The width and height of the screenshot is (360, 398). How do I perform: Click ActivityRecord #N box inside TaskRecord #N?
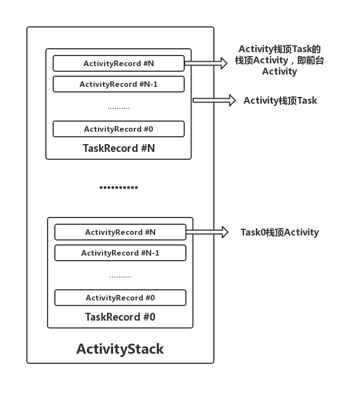[x=118, y=63]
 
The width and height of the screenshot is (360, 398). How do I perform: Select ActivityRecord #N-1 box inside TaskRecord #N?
[x=118, y=84]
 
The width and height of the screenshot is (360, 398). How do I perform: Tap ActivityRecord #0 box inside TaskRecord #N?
[x=118, y=129]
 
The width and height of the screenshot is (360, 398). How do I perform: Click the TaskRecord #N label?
[x=119, y=149]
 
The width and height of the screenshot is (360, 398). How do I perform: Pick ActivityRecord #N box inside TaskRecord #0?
[x=120, y=232]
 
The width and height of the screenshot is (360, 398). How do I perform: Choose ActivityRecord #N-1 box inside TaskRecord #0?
[x=120, y=253]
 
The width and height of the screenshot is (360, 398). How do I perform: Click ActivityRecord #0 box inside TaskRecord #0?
[x=120, y=298]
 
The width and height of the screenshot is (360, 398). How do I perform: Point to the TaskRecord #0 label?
[x=120, y=317]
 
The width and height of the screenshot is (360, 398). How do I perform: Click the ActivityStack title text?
[x=120, y=349]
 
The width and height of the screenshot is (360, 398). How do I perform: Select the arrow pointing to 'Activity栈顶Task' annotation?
[x=214, y=100]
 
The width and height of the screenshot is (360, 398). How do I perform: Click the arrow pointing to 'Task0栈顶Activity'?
[x=207, y=232]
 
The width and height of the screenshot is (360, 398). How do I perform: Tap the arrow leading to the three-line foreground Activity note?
[x=205, y=63]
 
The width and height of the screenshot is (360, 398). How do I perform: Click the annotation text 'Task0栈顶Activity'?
[x=279, y=232]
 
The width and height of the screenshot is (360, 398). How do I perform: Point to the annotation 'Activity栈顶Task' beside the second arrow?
[x=280, y=101]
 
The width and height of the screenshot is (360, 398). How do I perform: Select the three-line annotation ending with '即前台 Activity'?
[x=279, y=60]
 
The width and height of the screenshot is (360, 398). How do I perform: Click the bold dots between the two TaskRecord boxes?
[x=119, y=187]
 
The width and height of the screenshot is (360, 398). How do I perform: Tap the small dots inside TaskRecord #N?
[x=118, y=107]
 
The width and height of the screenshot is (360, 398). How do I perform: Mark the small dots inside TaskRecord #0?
[x=120, y=276]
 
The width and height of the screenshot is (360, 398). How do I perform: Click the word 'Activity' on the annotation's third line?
[x=279, y=71]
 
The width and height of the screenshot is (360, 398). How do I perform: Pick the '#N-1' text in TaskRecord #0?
[x=149, y=253]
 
